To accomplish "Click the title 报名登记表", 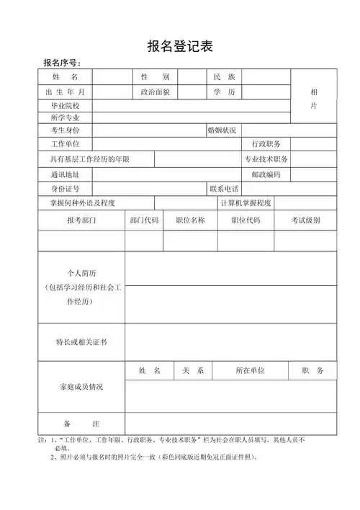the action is (x=180, y=46).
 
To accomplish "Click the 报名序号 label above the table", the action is (x=63, y=63).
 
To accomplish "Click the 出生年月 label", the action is (x=65, y=91).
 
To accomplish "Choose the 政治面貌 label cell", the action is (x=155, y=91).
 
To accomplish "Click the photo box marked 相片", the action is (x=313, y=99).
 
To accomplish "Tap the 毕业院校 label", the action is (x=60, y=105).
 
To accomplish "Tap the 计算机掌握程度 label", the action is (x=246, y=203).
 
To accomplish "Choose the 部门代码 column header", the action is (x=144, y=220).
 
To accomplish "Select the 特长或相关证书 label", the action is (x=81, y=342).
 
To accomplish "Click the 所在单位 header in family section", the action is (x=250, y=370).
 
